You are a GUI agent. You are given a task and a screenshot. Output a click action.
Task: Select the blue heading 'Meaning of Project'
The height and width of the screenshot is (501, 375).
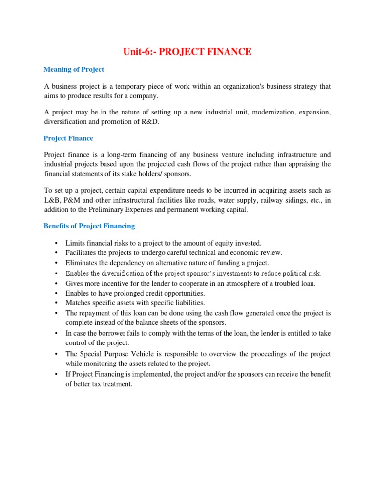(x=74, y=69)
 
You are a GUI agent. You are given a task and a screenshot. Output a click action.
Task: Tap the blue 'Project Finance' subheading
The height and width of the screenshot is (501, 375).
(x=68, y=138)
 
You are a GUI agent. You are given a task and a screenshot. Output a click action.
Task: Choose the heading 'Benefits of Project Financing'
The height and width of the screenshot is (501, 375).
(x=89, y=226)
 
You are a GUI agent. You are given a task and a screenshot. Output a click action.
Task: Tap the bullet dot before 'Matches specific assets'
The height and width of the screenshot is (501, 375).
(x=57, y=303)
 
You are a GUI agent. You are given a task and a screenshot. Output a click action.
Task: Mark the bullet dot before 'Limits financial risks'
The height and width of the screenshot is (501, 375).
(x=57, y=243)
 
